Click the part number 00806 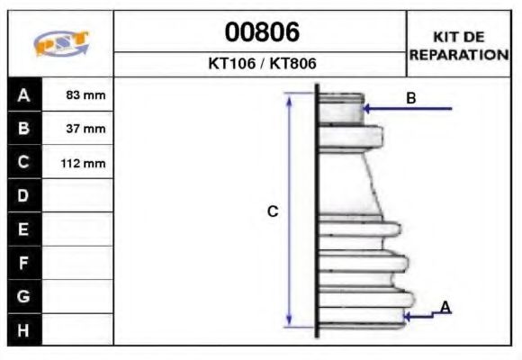[x=261, y=32]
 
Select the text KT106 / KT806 [x=261, y=65]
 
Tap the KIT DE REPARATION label [x=459, y=45]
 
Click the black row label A [x=24, y=95]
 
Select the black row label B [x=24, y=129]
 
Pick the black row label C [x=24, y=163]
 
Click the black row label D [x=24, y=195]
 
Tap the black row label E [x=24, y=229]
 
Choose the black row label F [x=24, y=263]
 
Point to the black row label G [x=24, y=296]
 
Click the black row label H [x=24, y=329]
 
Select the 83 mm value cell [x=78, y=95]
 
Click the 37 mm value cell [x=78, y=129]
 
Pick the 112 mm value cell [x=78, y=163]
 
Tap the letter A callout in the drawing [x=445, y=308]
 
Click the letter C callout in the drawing [x=273, y=211]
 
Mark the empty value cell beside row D [x=78, y=195]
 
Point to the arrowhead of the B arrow [x=365, y=109]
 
